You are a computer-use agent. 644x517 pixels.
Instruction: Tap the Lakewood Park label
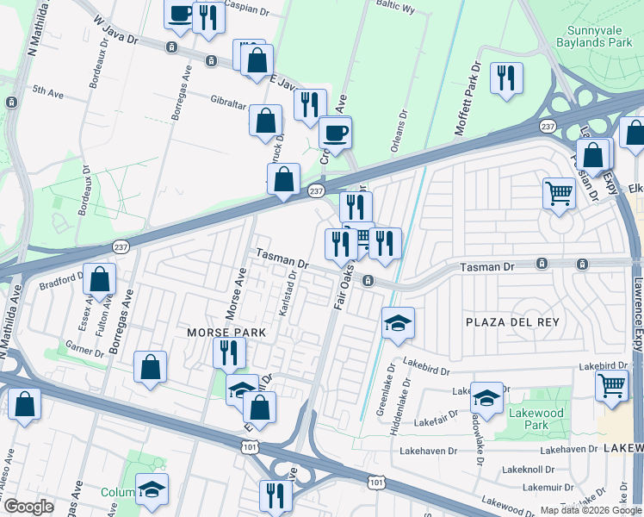tap(536, 419)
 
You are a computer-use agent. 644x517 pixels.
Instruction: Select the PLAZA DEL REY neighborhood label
tap(512, 322)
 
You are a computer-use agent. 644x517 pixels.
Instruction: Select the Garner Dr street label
tap(84, 345)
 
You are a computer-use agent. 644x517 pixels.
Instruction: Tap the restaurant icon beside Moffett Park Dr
tap(506, 78)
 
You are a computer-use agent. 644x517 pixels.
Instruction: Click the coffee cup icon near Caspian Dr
tap(180, 15)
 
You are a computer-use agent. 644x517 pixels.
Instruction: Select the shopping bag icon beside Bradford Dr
tap(101, 280)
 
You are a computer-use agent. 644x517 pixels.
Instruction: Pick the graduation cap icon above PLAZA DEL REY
tap(398, 323)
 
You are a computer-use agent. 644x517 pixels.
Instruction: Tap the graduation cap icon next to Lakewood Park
tap(486, 398)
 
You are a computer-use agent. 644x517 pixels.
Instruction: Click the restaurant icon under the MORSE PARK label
tap(229, 352)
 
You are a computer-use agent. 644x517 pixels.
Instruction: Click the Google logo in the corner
tap(28, 507)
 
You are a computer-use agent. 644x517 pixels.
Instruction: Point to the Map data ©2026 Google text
tap(590, 509)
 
